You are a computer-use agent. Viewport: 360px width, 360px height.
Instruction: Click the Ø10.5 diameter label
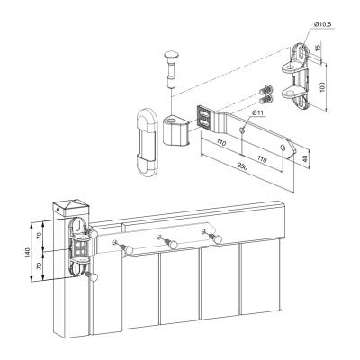322,24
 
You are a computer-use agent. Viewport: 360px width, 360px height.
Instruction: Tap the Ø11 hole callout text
257,112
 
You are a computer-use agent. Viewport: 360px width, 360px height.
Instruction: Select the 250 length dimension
242,166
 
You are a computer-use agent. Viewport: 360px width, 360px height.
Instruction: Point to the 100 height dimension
322,86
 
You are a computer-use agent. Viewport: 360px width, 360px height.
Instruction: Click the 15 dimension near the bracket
319,47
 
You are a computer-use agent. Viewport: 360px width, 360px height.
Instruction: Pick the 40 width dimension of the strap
305,159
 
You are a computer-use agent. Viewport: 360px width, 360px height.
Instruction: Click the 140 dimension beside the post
27,252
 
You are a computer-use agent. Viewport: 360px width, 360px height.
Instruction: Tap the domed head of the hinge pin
171,55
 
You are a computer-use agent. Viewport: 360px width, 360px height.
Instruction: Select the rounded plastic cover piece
147,142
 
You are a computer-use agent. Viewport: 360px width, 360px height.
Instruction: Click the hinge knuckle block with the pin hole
176,130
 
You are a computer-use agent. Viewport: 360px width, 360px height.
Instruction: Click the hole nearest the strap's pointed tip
283,148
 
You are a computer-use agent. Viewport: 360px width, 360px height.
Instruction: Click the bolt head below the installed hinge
93,276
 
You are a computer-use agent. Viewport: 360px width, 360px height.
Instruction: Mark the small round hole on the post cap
58,210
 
